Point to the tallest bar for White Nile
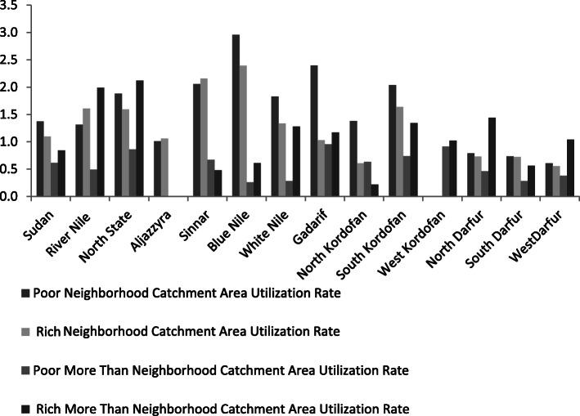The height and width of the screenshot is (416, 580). (x=275, y=146)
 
